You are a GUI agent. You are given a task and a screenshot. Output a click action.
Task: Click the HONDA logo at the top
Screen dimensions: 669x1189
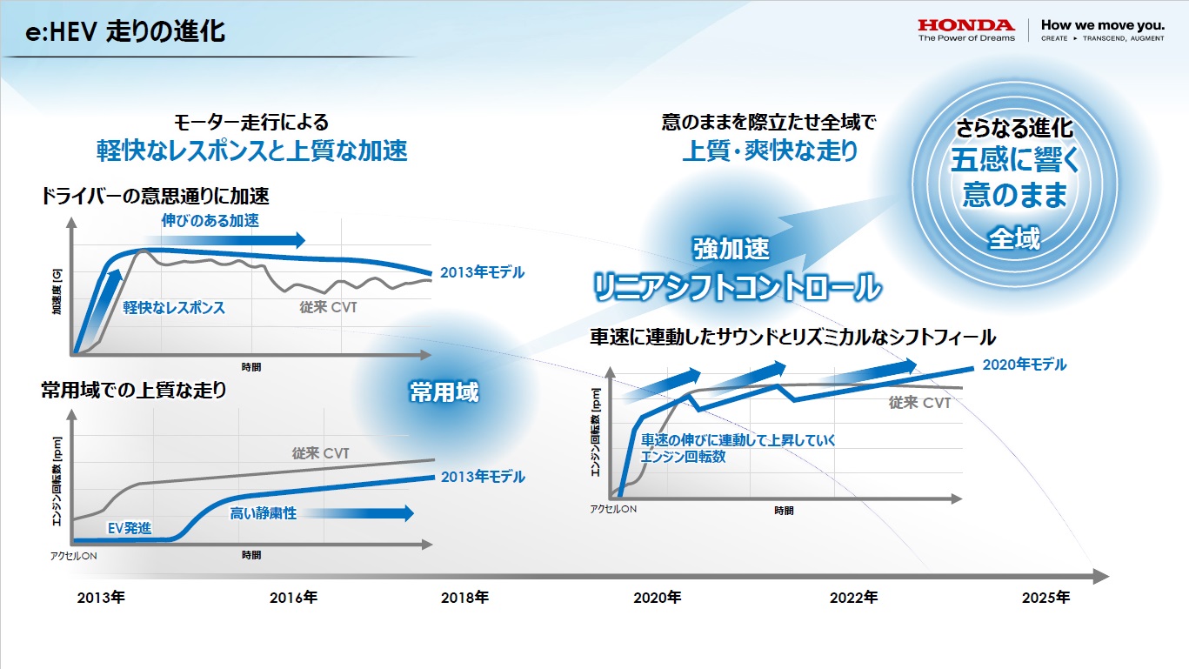(x=966, y=25)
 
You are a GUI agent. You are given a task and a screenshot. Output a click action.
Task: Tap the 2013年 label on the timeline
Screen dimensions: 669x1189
(x=101, y=598)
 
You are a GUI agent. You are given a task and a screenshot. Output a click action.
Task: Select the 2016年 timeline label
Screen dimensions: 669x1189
(x=293, y=598)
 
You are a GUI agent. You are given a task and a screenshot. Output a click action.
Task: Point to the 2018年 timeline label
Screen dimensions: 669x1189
(x=464, y=598)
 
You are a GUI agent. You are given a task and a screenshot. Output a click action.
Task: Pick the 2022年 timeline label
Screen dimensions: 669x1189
(x=853, y=598)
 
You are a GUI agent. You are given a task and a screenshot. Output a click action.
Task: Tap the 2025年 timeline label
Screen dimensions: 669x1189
(x=1045, y=598)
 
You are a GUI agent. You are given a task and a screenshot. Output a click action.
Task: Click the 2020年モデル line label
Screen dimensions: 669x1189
(x=1024, y=365)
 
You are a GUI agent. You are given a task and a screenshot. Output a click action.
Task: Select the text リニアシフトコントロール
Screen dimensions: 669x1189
(x=736, y=287)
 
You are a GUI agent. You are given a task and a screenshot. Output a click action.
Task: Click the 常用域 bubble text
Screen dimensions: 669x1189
(x=444, y=392)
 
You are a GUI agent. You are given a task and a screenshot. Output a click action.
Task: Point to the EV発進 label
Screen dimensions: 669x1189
(x=129, y=528)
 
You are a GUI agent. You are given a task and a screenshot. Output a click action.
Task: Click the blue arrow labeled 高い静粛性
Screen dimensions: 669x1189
(x=321, y=513)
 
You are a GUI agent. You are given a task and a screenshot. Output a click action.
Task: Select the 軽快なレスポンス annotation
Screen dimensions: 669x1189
(x=173, y=307)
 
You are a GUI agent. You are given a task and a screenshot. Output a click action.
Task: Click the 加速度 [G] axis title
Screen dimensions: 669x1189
(x=57, y=292)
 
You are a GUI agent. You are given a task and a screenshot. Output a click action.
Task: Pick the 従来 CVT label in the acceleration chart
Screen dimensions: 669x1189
(x=328, y=307)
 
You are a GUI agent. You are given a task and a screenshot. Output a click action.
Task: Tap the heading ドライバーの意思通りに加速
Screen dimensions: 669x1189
(x=155, y=196)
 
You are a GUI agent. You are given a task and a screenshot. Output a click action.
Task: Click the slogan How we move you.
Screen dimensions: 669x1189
(x=1102, y=25)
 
